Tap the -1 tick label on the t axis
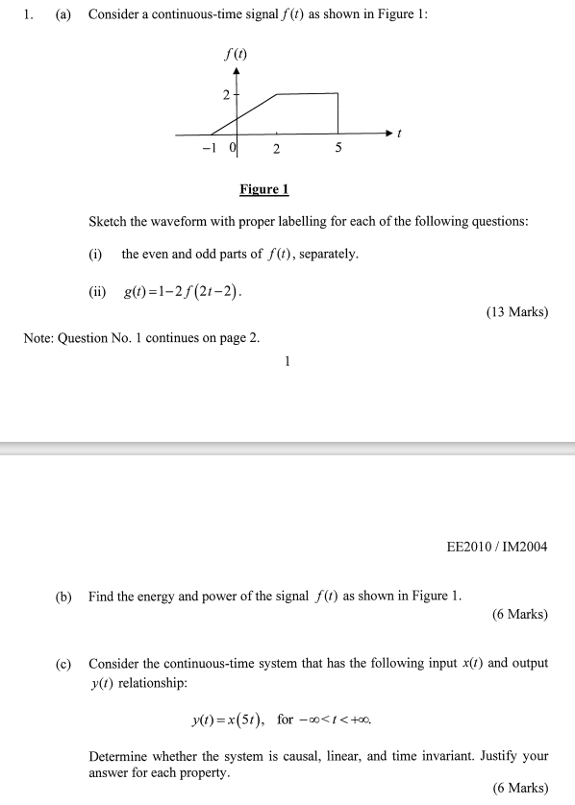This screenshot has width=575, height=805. (209, 148)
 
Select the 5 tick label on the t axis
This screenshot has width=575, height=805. (338, 149)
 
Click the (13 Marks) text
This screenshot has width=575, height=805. (518, 312)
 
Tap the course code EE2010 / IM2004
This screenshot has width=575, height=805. (497, 548)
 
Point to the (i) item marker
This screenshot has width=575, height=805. (95, 255)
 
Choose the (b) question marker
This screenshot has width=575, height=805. (63, 597)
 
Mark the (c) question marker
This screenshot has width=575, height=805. (63, 664)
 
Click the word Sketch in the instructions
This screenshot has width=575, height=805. (108, 222)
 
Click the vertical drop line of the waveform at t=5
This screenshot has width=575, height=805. (338, 112)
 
